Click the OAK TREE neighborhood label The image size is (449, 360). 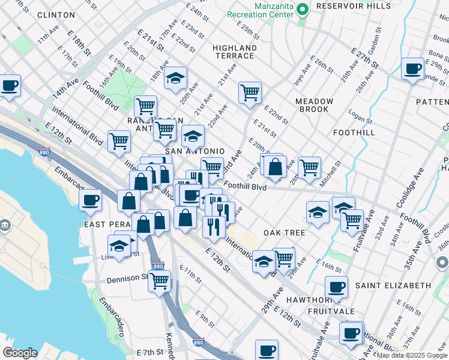pyautogui.click(x=285, y=232)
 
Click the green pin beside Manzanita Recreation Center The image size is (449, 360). pyautogui.click(x=304, y=9)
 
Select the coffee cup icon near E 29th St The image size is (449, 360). pyautogui.click(x=412, y=69)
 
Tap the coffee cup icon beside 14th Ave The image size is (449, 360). pyautogui.click(x=10, y=85)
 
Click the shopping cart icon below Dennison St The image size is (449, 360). pyautogui.click(x=160, y=280)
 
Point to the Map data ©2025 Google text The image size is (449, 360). pyautogui.click(x=412, y=355)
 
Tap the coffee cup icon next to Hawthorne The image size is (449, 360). pyautogui.click(x=336, y=286)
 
